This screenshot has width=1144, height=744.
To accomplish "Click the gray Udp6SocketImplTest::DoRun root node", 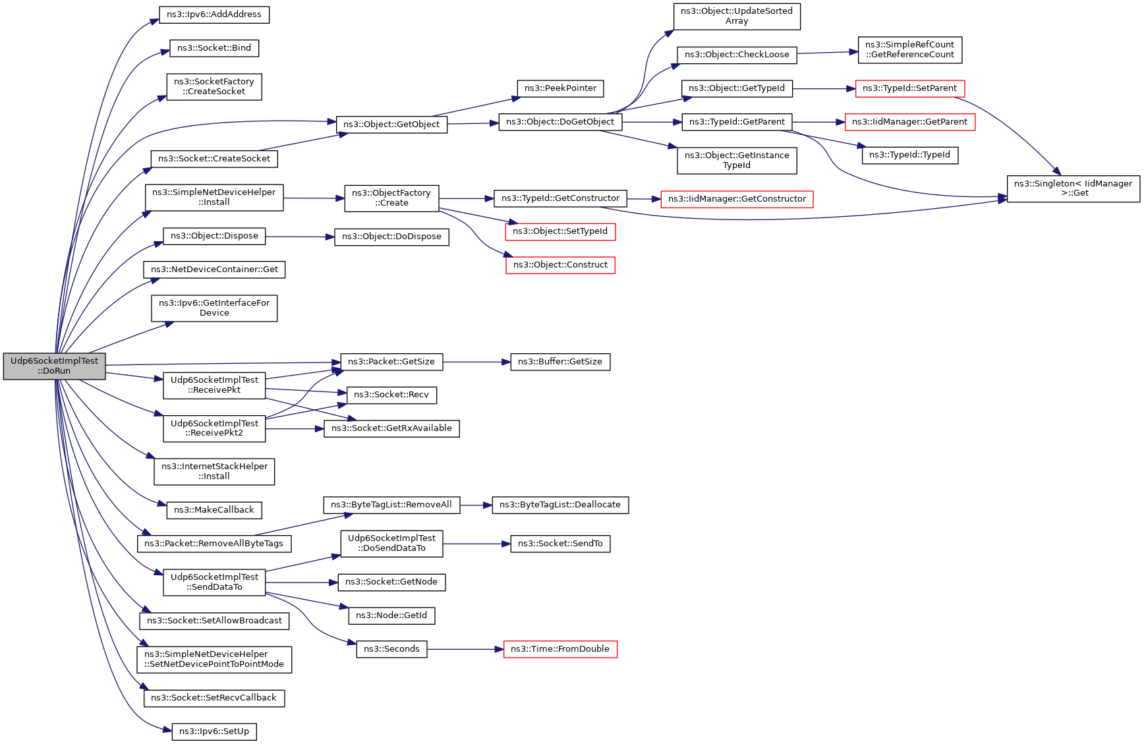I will point(54,366).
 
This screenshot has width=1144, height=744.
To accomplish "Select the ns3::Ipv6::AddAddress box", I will point(214,14).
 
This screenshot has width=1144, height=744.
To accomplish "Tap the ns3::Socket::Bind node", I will point(214,48).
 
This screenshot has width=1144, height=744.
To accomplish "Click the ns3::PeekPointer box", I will point(560,88).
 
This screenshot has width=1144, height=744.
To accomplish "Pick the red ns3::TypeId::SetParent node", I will point(909,88).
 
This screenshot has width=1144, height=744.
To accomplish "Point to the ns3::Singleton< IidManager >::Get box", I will point(1073,188).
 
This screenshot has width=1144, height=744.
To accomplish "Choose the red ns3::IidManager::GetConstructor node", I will point(737,199).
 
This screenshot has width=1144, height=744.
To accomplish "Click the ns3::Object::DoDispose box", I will point(391,237).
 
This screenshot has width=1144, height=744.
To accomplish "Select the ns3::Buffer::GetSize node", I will point(560,362).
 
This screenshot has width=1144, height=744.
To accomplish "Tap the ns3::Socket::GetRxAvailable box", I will point(391,428).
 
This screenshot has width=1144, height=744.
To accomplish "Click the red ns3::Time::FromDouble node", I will point(560,649).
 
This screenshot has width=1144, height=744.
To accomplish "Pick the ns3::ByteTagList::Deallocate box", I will point(560,505).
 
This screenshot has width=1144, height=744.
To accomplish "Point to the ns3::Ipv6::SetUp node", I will point(214,731).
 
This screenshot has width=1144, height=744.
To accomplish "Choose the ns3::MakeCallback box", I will point(214,510).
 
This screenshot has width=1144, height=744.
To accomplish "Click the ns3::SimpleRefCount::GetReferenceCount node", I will point(909,49).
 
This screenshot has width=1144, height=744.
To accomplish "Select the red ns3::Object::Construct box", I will point(560,265).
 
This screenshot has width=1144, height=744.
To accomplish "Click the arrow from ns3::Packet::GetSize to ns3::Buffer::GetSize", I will point(476,362).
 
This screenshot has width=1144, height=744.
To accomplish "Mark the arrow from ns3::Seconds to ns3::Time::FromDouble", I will point(465,649).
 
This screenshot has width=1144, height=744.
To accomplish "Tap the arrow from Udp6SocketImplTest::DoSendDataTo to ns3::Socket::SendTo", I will point(476,544).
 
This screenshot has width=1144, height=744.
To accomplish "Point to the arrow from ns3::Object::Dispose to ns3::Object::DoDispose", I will point(300,237).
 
